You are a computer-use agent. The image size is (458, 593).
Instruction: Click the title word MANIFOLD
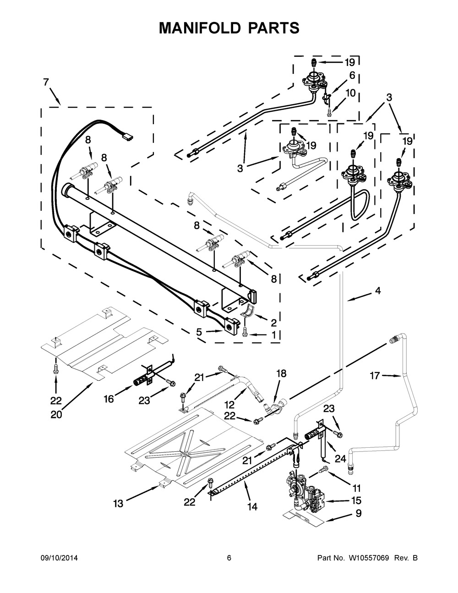coord(200,28)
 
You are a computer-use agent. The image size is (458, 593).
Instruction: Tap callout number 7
coord(46,82)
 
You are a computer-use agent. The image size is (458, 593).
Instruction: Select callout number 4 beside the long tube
coord(377,291)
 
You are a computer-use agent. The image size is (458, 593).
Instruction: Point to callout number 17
coord(375,376)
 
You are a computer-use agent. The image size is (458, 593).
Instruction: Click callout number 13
coord(118,504)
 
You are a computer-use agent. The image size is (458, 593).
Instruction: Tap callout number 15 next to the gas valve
coord(356,500)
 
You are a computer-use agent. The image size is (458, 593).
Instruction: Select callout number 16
coord(108,399)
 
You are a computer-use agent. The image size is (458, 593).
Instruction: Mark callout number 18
coord(281,373)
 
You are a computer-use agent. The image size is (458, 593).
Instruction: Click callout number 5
coord(199,332)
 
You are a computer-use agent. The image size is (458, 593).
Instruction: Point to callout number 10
coord(350,93)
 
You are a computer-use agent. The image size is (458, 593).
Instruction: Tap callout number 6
coord(352,76)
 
